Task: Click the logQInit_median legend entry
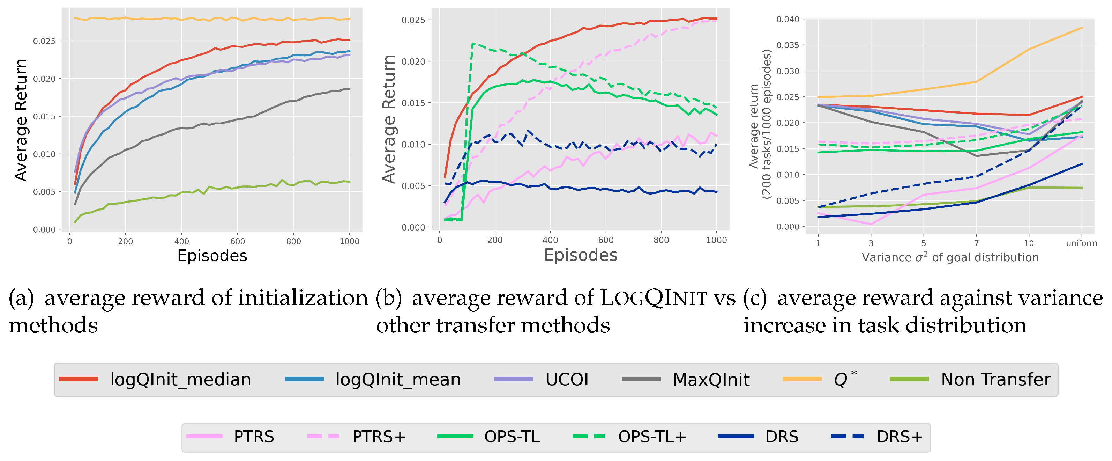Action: [180, 379]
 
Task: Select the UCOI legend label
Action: [566, 379]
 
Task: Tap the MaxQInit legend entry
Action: [710, 379]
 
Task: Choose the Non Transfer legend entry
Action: [995, 379]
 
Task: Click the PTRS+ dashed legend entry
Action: [379, 436]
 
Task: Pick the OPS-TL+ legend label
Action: [652, 436]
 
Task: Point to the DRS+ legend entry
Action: [899, 436]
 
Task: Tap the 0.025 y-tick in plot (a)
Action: [44, 41]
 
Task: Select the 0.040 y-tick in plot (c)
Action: [788, 20]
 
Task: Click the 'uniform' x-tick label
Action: [1081, 243]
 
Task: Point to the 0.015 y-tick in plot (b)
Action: [413, 103]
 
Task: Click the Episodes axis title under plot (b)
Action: [580, 255]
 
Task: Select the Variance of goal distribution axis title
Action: [950, 257]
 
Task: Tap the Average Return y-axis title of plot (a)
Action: [21, 120]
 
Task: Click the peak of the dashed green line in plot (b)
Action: [473, 44]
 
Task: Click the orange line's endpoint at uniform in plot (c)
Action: [1082, 28]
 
